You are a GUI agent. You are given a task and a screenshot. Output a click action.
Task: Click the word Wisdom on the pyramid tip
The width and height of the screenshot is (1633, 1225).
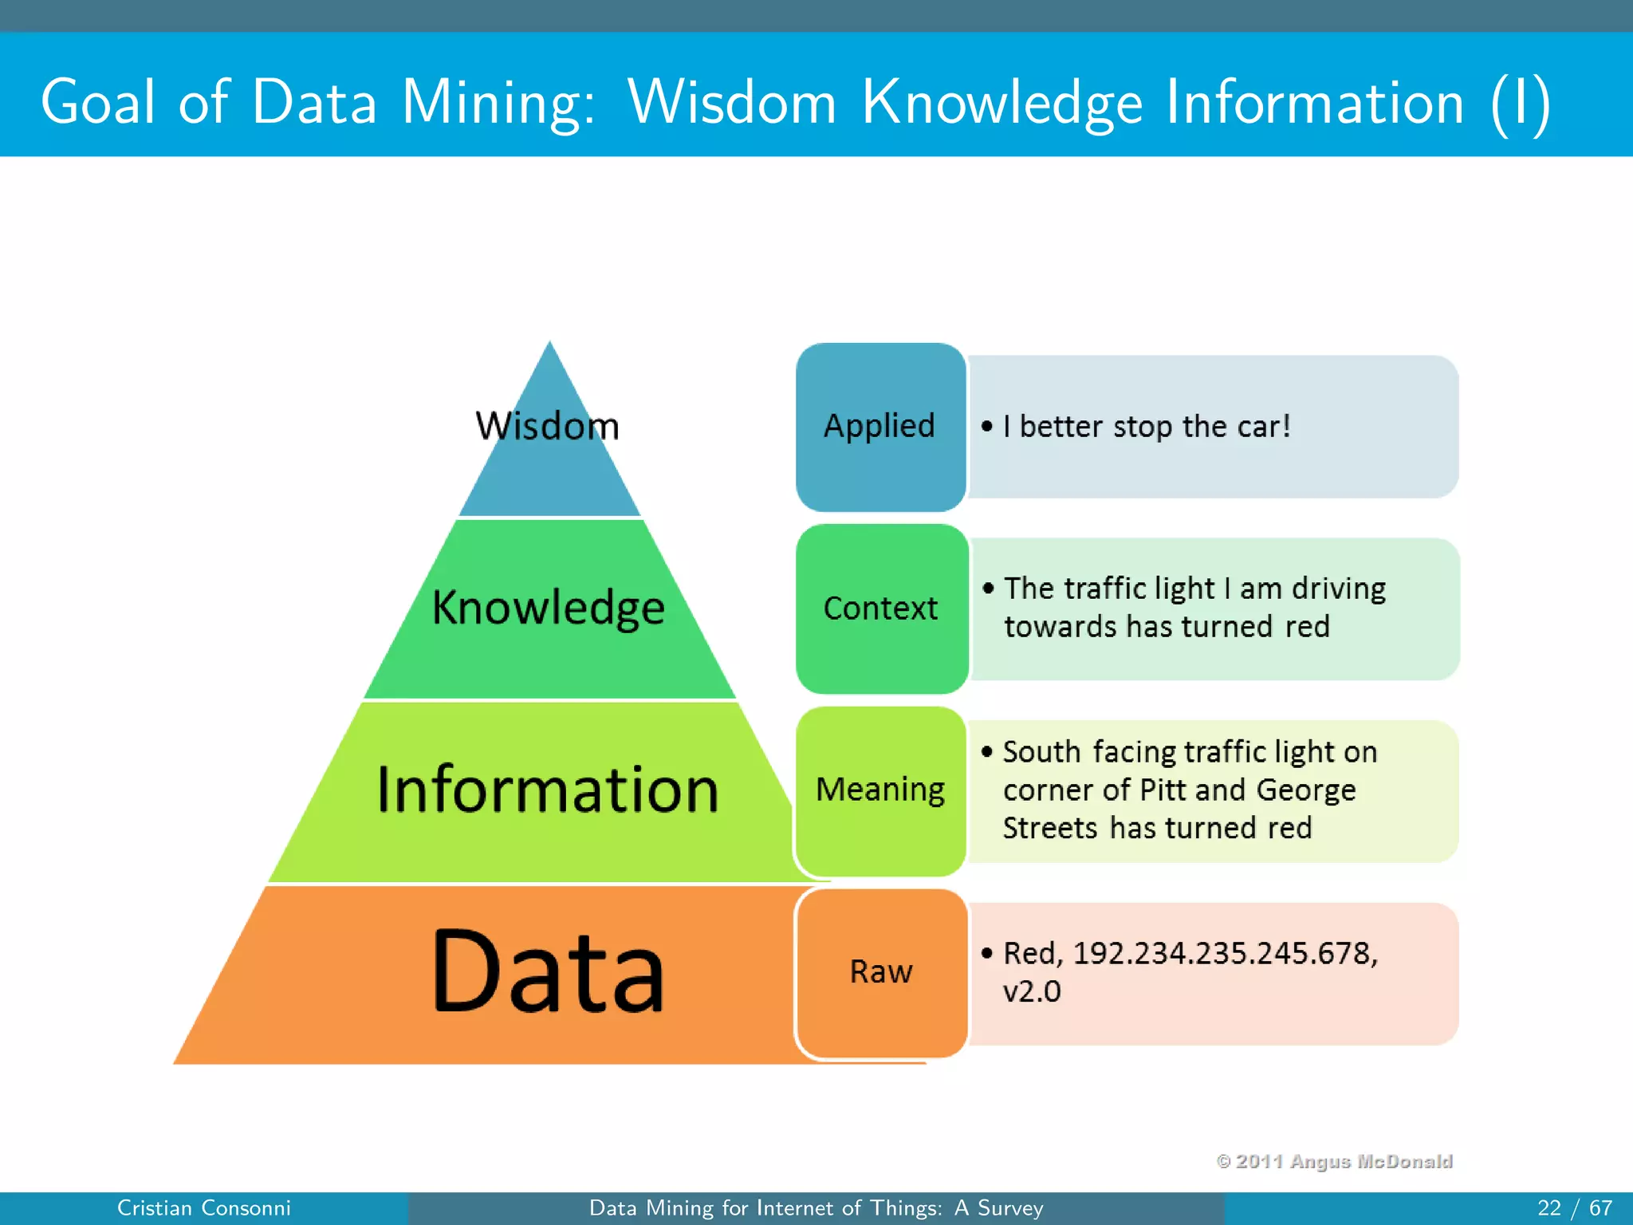pyautogui.click(x=548, y=426)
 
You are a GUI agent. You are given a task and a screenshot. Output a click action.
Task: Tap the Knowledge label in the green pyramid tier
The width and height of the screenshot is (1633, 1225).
pyautogui.click(x=549, y=608)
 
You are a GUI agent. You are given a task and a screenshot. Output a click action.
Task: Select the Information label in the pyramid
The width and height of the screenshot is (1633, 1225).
pyautogui.click(x=549, y=790)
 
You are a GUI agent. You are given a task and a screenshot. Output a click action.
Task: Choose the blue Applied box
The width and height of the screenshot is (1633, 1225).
pyautogui.click(x=880, y=427)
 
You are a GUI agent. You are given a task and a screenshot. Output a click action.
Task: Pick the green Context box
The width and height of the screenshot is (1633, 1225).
pyautogui.click(x=881, y=609)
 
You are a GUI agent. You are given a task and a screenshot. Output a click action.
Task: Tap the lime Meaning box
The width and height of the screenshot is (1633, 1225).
pyautogui.click(x=880, y=790)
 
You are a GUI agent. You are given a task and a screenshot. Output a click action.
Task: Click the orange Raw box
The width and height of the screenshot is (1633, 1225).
pyautogui.click(x=881, y=972)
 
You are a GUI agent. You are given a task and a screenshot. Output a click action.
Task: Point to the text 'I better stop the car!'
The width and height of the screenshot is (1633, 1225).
pyautogui.click(x=1147, y=427)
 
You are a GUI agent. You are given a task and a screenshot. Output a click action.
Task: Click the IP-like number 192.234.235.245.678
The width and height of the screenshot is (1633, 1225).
pyautogui.click(x=1225, y=953)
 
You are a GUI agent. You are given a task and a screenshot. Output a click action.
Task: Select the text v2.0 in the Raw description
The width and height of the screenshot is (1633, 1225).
pyautogui.click(x=1032, y=991)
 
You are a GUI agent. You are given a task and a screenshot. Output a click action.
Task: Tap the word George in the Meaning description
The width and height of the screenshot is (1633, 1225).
pyautogui.click(x=1306, y=790)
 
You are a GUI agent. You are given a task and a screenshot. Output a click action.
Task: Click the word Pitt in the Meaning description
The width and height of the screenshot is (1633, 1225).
pyautogui.click(x=1163, y=790)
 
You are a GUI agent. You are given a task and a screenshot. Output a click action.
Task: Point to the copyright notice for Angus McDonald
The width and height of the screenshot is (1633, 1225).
pyautogui.click(x=1334, y=1161)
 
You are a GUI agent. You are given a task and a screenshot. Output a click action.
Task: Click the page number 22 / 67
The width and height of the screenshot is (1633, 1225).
pyautogui.click(x=1574, y=1208)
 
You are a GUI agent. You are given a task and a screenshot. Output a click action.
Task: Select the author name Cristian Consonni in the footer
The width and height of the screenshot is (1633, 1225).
pyautogui.click(x=204, y=1208)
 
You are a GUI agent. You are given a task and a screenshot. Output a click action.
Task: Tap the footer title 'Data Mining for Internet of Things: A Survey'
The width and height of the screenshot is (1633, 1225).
pyautogui.click(x=816, y=1208)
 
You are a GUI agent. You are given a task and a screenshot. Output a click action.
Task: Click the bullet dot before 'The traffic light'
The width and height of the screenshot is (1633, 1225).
pyautogui.click(x=989, y=589)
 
